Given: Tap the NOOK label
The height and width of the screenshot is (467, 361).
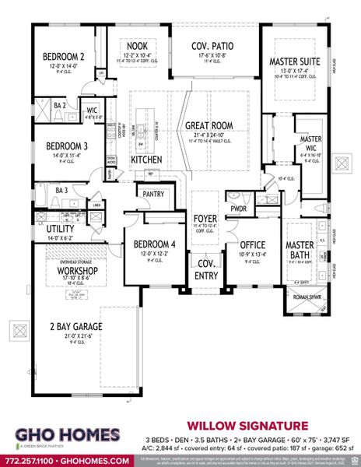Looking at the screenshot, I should (138, 45).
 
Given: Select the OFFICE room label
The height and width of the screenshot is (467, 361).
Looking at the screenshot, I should (253, 244).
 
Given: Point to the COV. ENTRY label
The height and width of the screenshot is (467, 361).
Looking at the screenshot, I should (207, 269).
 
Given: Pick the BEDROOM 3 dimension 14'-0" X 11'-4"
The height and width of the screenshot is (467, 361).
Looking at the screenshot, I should (47, 155).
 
